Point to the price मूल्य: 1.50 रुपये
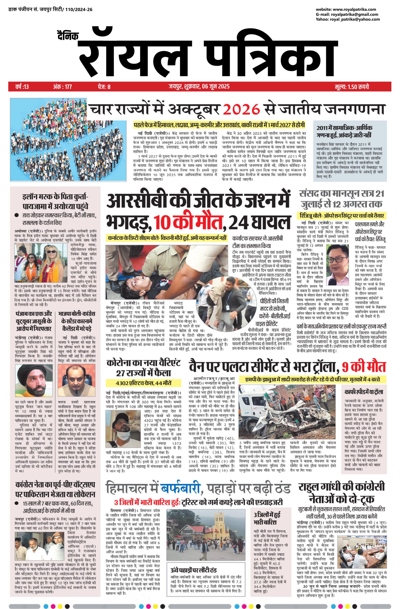(x=352, y=87)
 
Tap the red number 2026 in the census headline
(x=241, y=110)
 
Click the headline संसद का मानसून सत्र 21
(x=342, y=193)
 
